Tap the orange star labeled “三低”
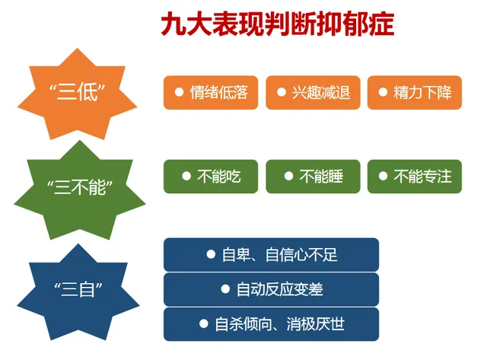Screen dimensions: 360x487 click(81, 94)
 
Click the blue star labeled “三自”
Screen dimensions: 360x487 click(81, 289)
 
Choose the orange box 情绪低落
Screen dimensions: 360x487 click(211, 93)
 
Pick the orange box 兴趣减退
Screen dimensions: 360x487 click(312, 93)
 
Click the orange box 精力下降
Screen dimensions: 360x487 click(414, 93)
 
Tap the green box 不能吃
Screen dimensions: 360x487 click(211, 177)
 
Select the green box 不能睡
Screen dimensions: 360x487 click(312, 177)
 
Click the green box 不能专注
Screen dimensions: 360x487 click(414, 177)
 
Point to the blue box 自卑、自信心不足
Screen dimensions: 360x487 click(271, 255)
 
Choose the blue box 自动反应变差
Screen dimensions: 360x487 click(271, 289)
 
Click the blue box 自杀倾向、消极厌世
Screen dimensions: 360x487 click(271, 324)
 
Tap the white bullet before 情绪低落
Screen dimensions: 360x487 click(180, 92)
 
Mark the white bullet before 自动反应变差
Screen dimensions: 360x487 click(225, 289)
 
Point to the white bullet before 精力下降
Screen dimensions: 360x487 click(383, 92)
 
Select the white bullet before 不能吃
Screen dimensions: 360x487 click(186, 176)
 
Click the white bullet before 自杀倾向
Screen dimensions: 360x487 click(203, 323)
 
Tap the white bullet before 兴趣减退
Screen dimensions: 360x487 click(281, 92)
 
